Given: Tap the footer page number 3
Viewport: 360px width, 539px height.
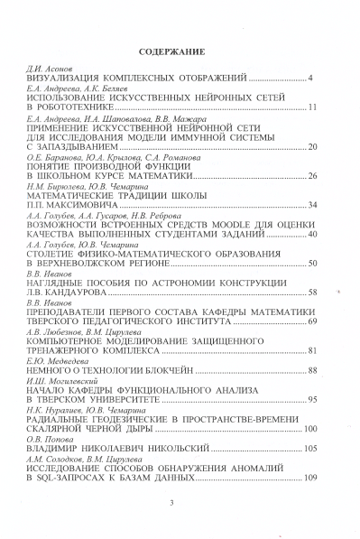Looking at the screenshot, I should pyautogui.click(x=171, y=514).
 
